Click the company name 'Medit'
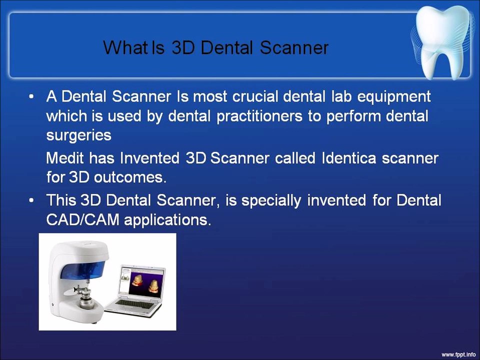coord(65,158)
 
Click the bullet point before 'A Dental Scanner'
coord(32,96)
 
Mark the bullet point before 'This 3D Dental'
coord(32,201)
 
